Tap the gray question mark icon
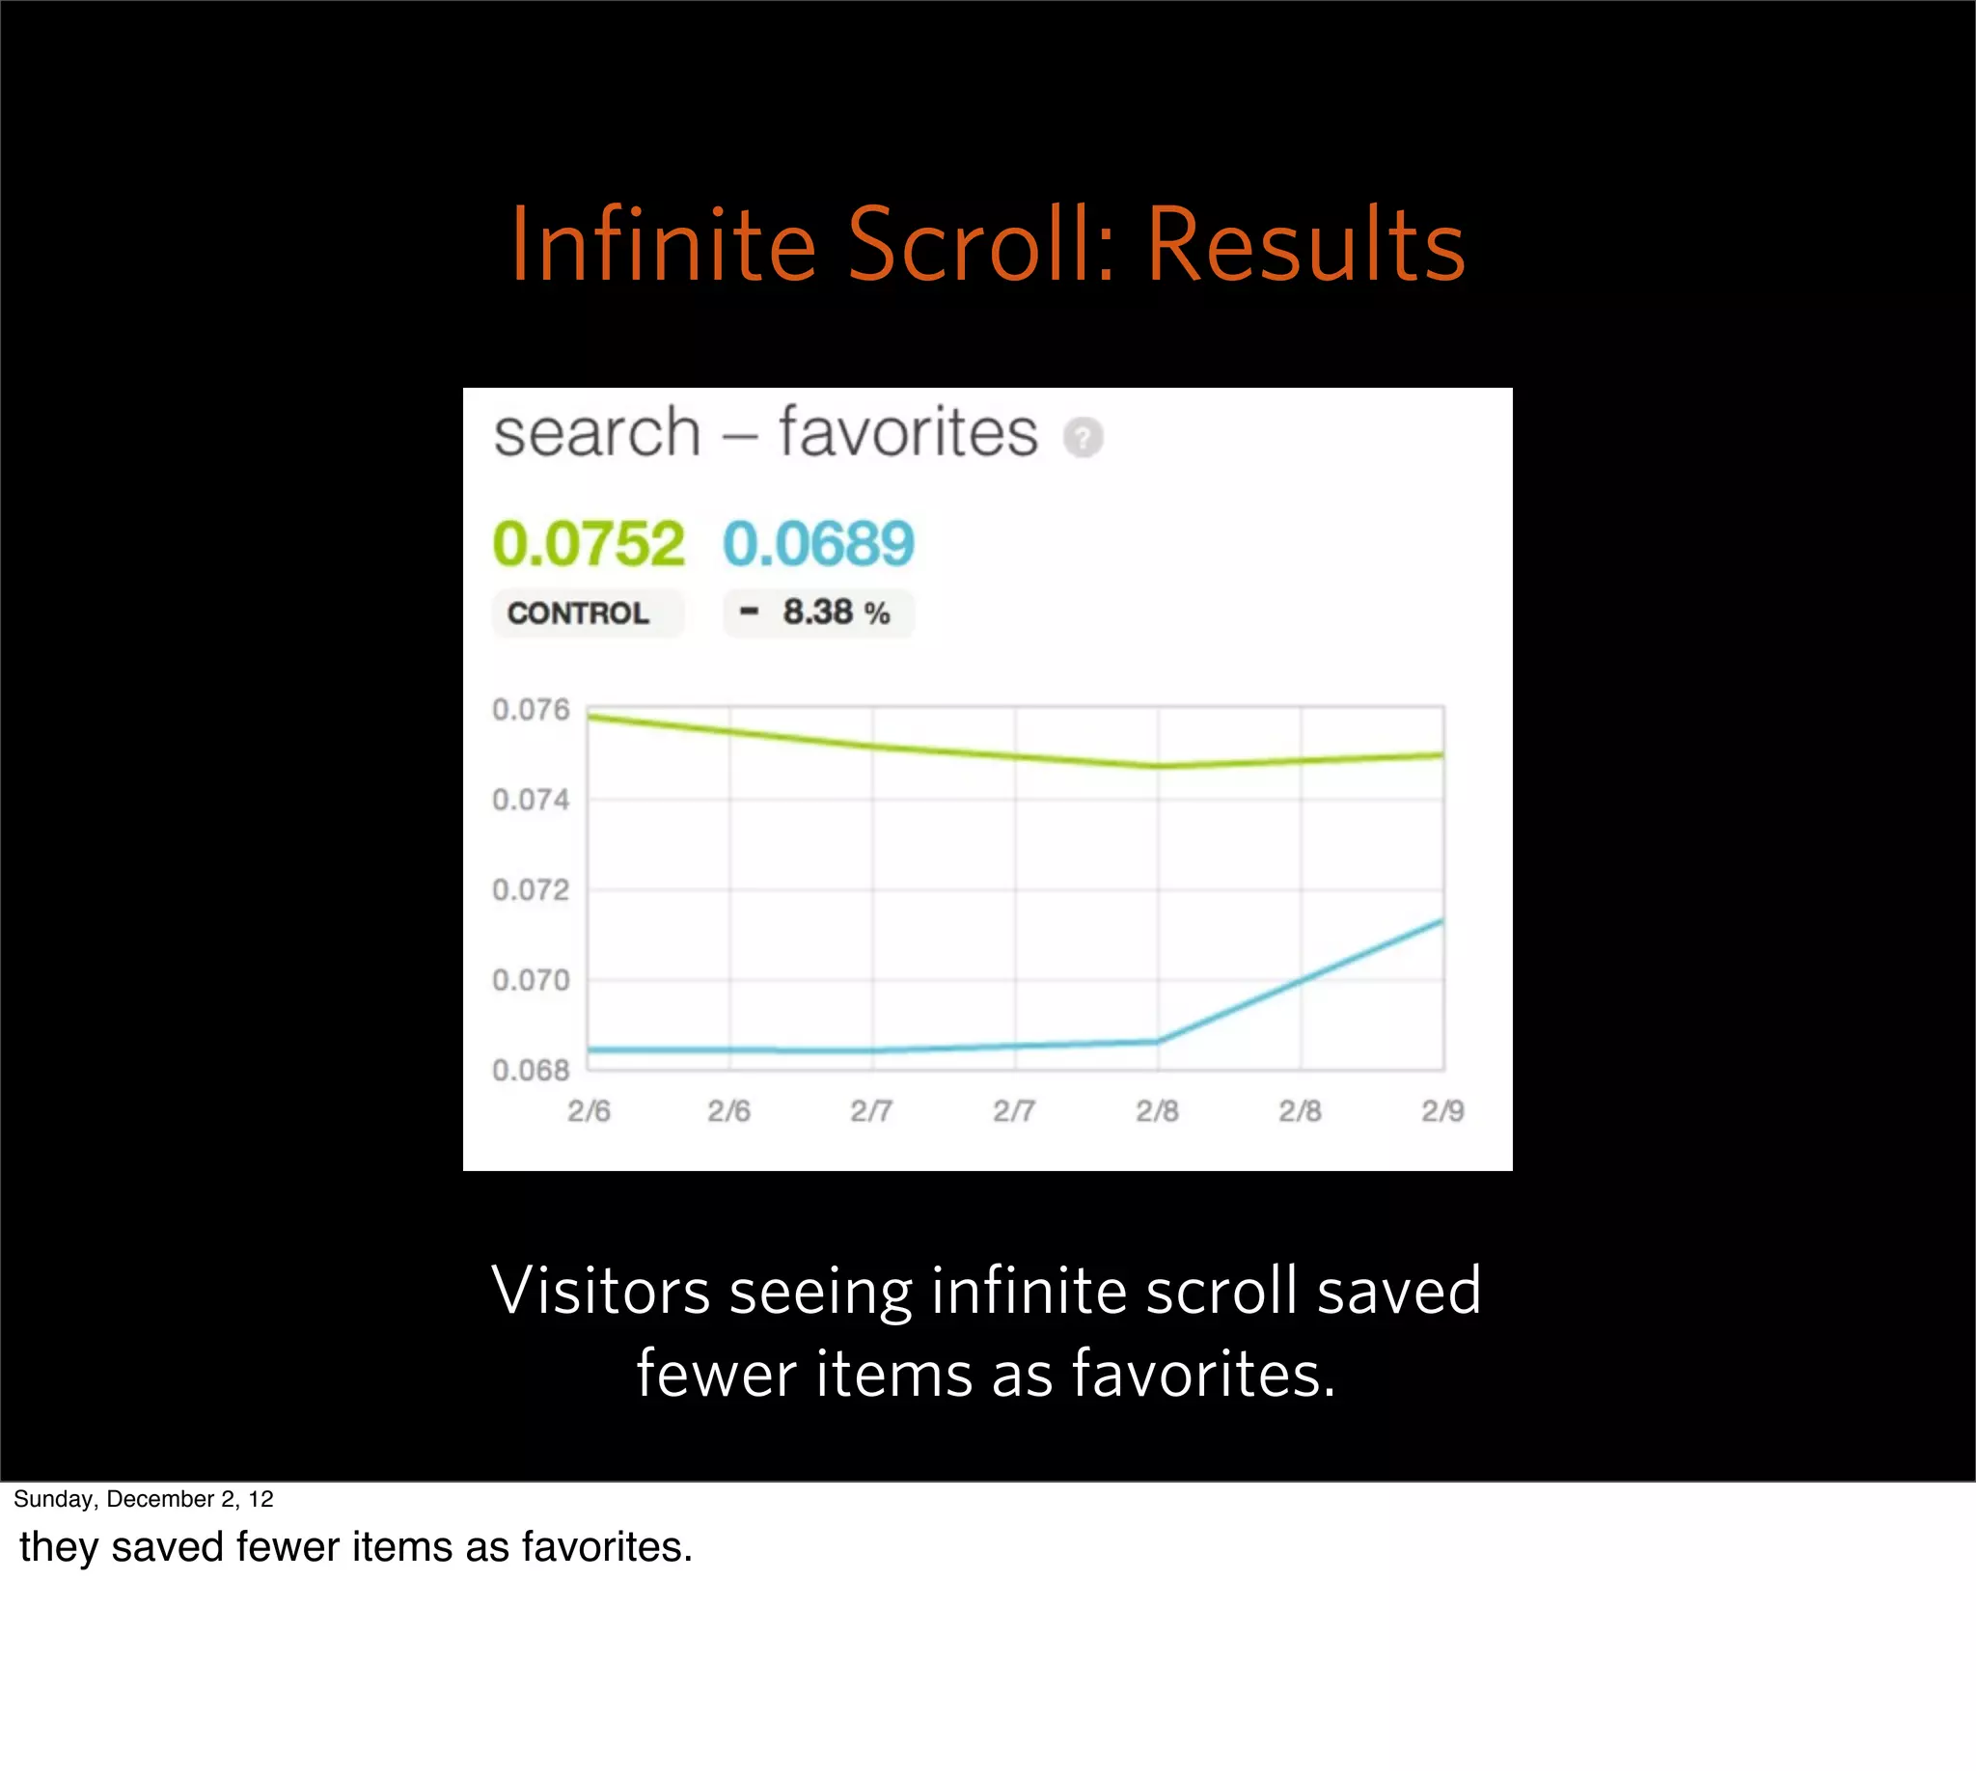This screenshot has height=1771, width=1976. click(x=1083, y=437)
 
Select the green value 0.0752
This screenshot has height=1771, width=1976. click(x=588, y=543)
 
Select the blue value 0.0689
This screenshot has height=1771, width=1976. click(x=818, y=543)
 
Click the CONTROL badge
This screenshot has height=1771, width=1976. click(x=578, y=613)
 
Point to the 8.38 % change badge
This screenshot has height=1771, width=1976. click(x=817, y=613)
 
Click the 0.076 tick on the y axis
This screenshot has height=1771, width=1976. click(x=531, y=709)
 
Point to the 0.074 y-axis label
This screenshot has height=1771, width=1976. click(x=531, y=800)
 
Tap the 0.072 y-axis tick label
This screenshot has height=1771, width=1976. click(x=531, y=889)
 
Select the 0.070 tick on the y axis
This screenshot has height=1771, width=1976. click(x=531, y=980)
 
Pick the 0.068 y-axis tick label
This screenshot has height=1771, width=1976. click(x=531, y=1071)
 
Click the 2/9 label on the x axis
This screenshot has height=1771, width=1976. click(x=1441, y=1110)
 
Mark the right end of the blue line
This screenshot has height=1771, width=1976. click(x=1441, y=920)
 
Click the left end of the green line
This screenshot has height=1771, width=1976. click(x=590, y=717)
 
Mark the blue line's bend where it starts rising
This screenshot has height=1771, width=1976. click(x=1158, y=1041)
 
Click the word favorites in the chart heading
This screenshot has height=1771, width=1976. click(x=907, y=432)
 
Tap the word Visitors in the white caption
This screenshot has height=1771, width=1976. click(x=600, y=1292)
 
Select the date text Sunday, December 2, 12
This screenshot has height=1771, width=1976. click(x=143, y=1499)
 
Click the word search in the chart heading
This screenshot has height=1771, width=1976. click(x=596, y=433)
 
